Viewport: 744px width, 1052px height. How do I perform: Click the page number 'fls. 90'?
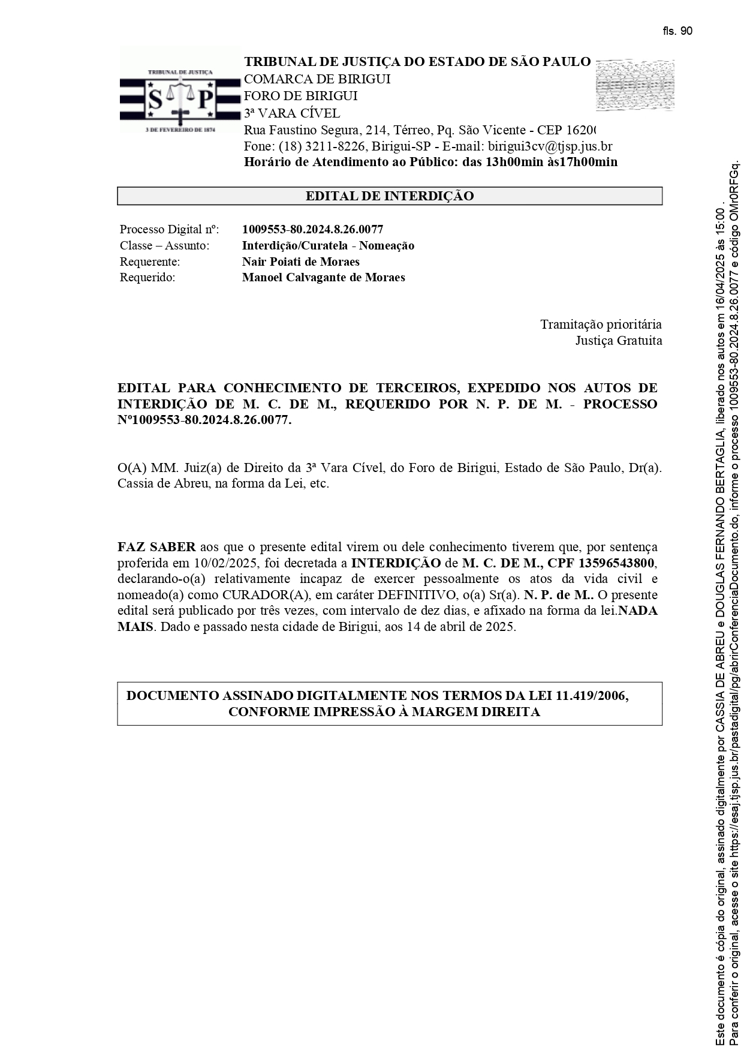click(x=677, y=31)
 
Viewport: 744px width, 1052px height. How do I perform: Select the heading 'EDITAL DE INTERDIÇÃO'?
click(x=390, y=196)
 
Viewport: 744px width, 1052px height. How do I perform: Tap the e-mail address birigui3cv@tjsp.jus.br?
click(x=550, y=146)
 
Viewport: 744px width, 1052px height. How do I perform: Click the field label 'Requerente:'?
click(x=150, y=262)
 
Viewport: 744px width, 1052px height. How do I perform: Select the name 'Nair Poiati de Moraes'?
click(x=300, y=262)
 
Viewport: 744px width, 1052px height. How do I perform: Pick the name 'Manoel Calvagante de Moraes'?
click(x=323, y=277)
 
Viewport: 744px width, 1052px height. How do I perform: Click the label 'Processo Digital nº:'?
click(x=169, y=229)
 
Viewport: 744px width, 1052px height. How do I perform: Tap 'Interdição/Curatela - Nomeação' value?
click(x=328, y=245)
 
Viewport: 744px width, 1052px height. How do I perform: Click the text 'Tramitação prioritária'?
click(x=601, y=324)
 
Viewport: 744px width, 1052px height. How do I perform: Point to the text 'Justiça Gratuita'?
click(x=619, y=341)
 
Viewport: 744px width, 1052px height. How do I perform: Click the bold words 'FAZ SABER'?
click(x=156, y=547)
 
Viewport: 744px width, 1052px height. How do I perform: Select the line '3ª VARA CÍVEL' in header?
click(x=291, y=113)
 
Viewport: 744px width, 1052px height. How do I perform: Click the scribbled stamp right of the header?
click(x=635, y=85)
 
